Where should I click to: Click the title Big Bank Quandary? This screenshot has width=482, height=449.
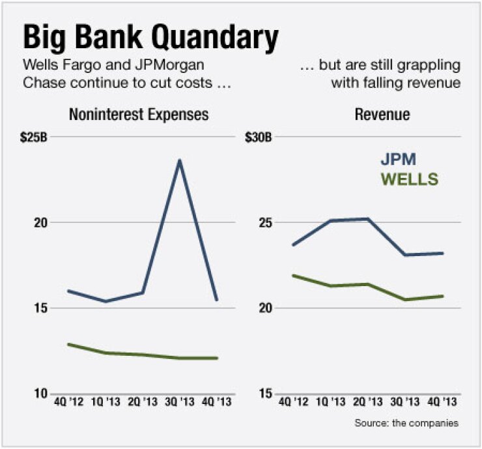pos(150,38)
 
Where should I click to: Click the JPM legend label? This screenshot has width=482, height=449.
pos(398,160)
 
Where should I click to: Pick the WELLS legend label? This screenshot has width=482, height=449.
pos(410,179)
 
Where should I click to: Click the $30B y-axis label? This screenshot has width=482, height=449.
pos(259,138)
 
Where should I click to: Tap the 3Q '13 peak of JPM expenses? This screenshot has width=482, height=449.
pos(179,160)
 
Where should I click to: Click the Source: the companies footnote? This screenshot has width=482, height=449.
pos(406,423)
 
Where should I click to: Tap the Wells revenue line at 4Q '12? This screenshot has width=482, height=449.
pos(293,276)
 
